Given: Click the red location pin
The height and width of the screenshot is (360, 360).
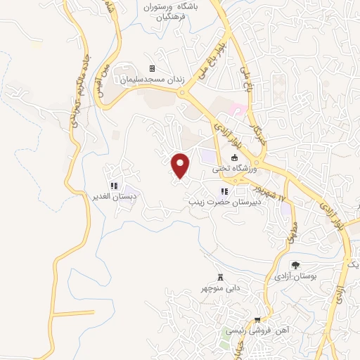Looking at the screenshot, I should coord(181,165).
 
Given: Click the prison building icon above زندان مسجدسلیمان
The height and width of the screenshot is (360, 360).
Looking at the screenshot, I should coord(151,69).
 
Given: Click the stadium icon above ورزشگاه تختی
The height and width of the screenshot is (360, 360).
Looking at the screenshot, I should coord(233,158).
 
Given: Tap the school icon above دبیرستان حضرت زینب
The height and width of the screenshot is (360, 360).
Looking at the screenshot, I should coord(224,191).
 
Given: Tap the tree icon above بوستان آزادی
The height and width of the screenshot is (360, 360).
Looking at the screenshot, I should coord(296,265).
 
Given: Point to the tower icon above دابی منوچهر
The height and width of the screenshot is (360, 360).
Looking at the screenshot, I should coord(222,276).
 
